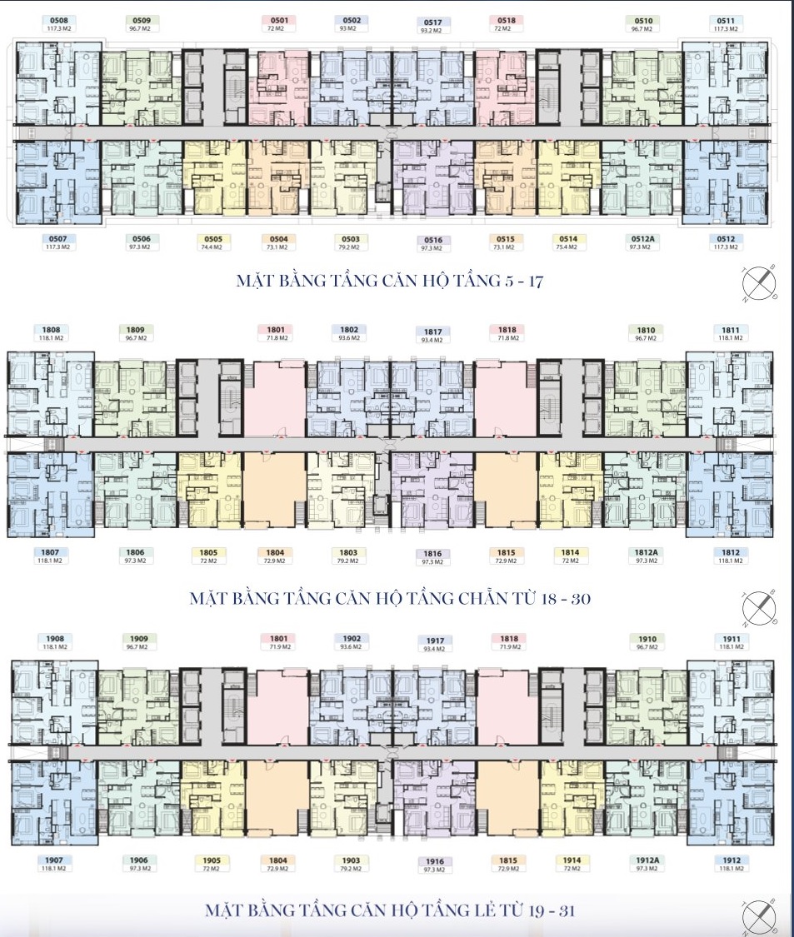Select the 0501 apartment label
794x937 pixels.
[x=280, y=20]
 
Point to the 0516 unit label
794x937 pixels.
[x=432, y=240]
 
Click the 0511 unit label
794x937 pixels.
[x=726, y=20]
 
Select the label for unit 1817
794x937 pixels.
[x=432, y=331]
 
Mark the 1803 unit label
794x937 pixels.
[x=348, y=552]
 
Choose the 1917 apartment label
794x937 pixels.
[x=433, y=640]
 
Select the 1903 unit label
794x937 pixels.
[x=350, y=860]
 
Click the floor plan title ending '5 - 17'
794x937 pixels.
[x=389, y=282]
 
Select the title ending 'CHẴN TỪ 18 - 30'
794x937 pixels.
[x=390, y=598]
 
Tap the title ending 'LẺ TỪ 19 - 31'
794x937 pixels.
[x=390, y=910]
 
